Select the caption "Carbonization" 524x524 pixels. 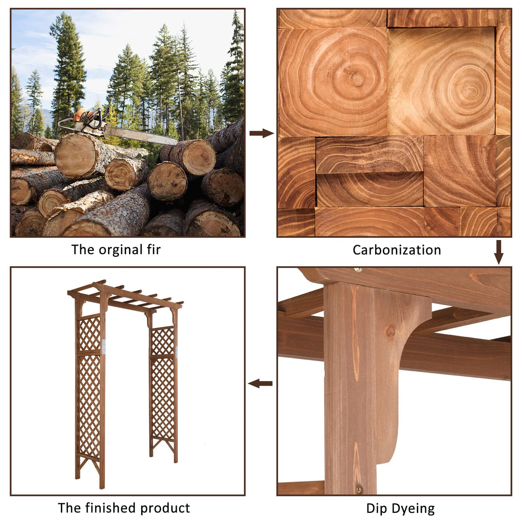[397, 250]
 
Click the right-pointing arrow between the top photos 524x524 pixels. [262, 133]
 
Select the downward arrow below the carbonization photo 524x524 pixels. [499, 252]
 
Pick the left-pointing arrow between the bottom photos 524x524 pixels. [260, 384]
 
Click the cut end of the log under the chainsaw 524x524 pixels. [76, 155]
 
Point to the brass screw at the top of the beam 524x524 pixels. [358, 270]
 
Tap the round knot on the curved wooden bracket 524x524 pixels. [391, 332]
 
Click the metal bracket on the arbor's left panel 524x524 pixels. [104, 347]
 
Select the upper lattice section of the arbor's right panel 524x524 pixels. [163, 341]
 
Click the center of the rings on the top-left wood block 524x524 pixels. [357, 79]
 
